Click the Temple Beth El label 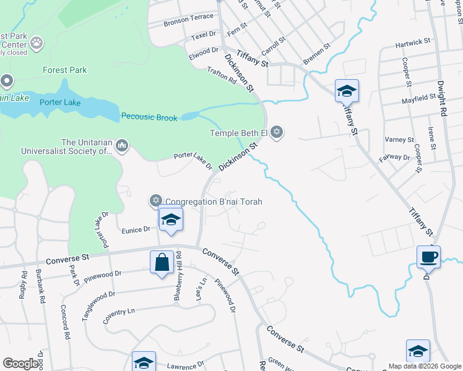tap(239, 132)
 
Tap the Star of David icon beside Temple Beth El tap(277, 132)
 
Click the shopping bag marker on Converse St tap(162, 262)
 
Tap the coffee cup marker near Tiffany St tap(428, 256)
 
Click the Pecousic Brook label tap(149, 117)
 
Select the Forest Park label tap(65, 70)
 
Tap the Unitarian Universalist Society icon tap(121, 146)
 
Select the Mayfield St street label tap(419, 98)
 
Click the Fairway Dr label tap(398, 158)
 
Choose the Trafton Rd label tap(222, 76)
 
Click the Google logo tap(21, 364)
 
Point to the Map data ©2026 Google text tap(425, 366)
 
